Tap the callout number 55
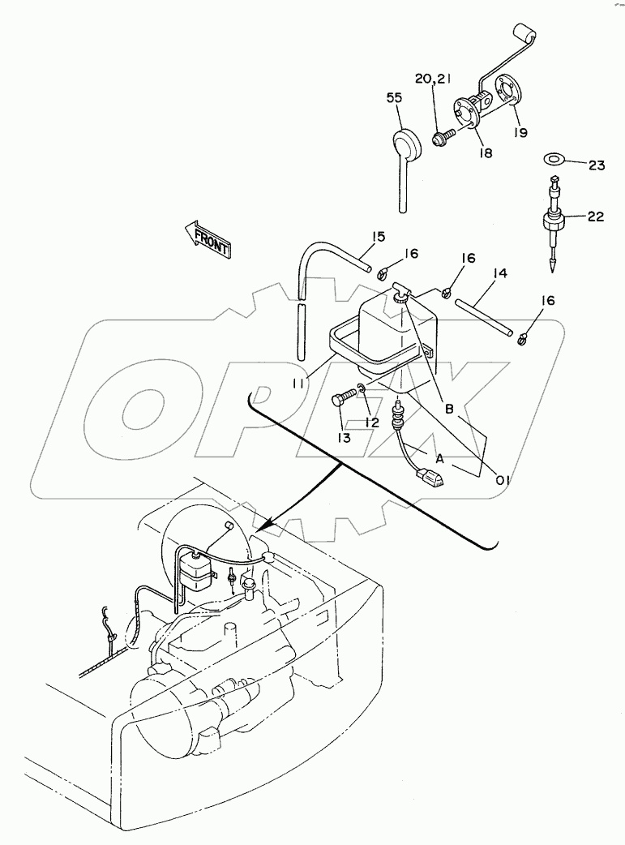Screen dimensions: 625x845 point(395,98)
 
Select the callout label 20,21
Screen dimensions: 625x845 point(433,79)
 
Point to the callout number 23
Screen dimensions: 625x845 point(597,165)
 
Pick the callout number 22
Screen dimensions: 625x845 point(596,217)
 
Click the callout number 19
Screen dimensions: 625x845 point(520,132)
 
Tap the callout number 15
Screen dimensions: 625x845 point(379,237)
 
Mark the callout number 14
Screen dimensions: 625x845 point(499,274)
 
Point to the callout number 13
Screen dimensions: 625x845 point(345,438)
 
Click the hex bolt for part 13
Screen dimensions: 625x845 point(344,397)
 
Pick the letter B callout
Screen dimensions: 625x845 point(449,409)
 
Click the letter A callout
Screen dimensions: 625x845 point(440,459)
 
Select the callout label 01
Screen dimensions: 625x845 point(502,479)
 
